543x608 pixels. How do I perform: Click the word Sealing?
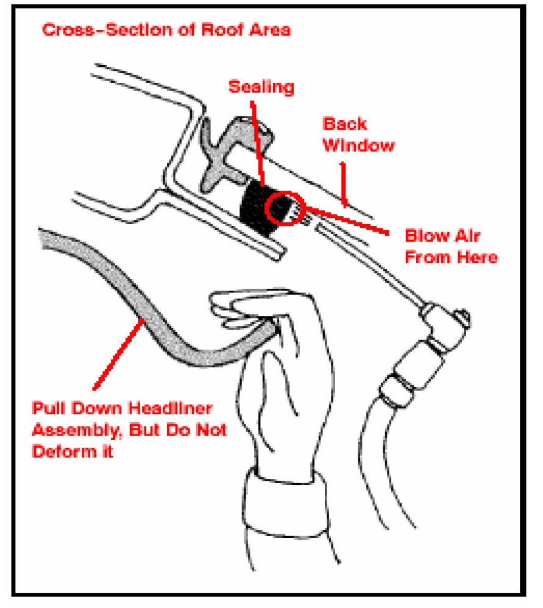(261, 87)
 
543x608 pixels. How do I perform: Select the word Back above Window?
(344, 124)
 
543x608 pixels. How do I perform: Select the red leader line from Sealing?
(258, 140)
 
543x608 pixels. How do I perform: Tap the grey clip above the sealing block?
(232, 146)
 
